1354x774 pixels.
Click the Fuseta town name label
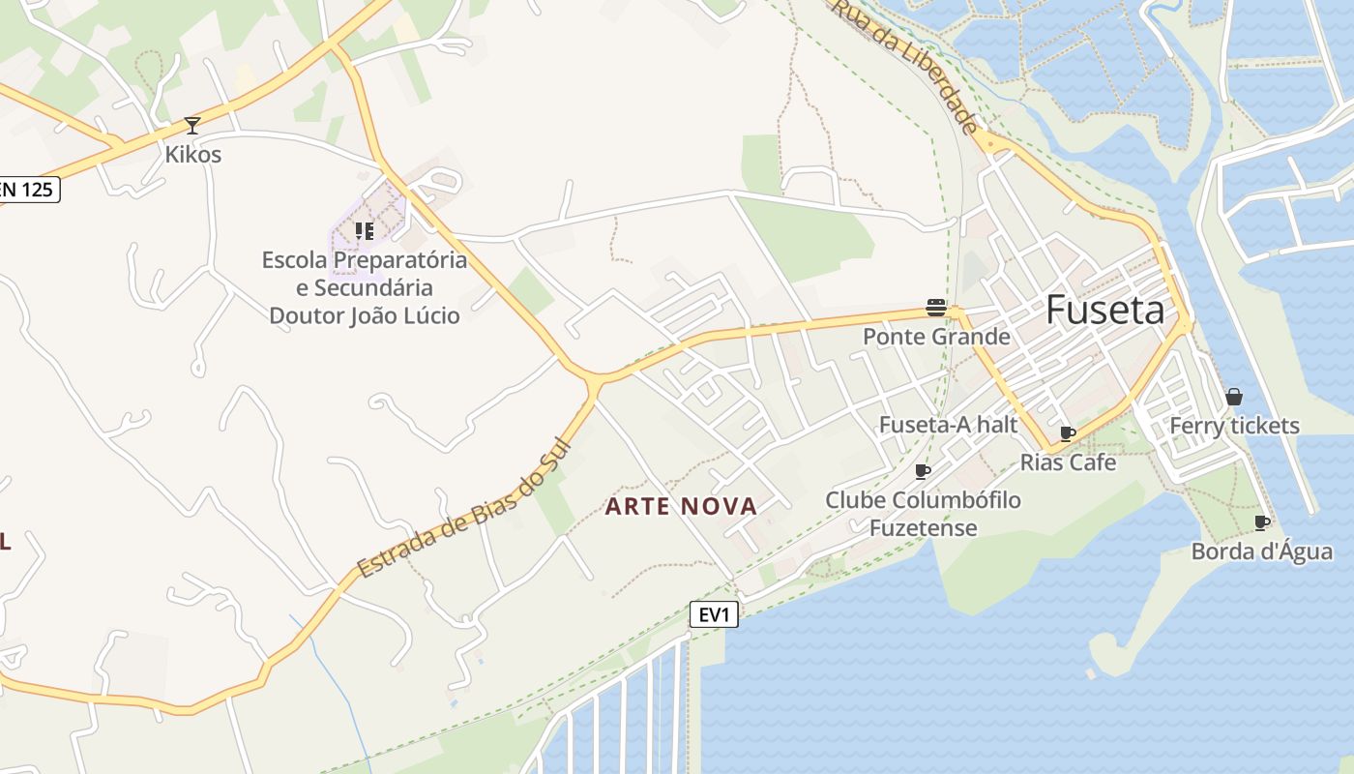click(x=1105, y=310)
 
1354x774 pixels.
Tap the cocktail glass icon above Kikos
click(x=192, y=126)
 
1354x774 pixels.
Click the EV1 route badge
click(x=714, y=613)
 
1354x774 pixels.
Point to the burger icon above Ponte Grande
click(x=935, y=308)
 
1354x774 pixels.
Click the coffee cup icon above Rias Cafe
click(x=1068, y=433)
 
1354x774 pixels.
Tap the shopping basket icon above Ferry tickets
click(x=1233, y=397)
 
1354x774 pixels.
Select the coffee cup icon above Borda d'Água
click(x=1261, y=522)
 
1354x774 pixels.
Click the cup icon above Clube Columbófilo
click(x=923, y=471)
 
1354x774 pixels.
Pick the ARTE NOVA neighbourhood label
click(x=681, y=506)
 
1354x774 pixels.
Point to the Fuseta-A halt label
click(x=948, y=425)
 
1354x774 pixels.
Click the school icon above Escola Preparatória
click(x=364, y=230)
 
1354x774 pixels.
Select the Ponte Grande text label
click(x=936, y=337)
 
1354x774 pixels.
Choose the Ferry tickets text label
click(x=1234, y=426)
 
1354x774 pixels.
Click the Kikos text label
click(x=192, y=155)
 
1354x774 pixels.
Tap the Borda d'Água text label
click(x=1262, y=551)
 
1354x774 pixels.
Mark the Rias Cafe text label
click(x=1068, y=462)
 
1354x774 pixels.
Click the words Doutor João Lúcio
click(x=364, y=315)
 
